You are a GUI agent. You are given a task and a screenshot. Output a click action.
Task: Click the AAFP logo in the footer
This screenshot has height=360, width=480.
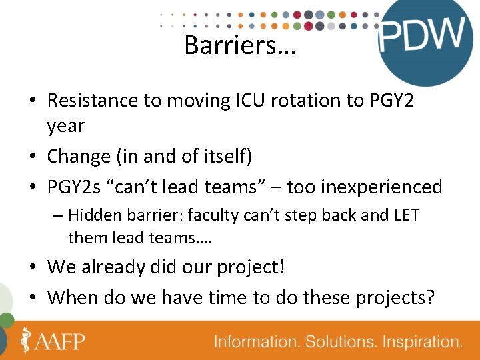(53, 341)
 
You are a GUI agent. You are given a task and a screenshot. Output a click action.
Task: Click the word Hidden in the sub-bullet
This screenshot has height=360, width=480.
(91, 216)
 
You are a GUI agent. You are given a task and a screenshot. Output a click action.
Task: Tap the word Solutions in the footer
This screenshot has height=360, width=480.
(339, 342)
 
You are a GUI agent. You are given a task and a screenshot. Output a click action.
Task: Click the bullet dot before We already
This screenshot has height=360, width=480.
(33, 268)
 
